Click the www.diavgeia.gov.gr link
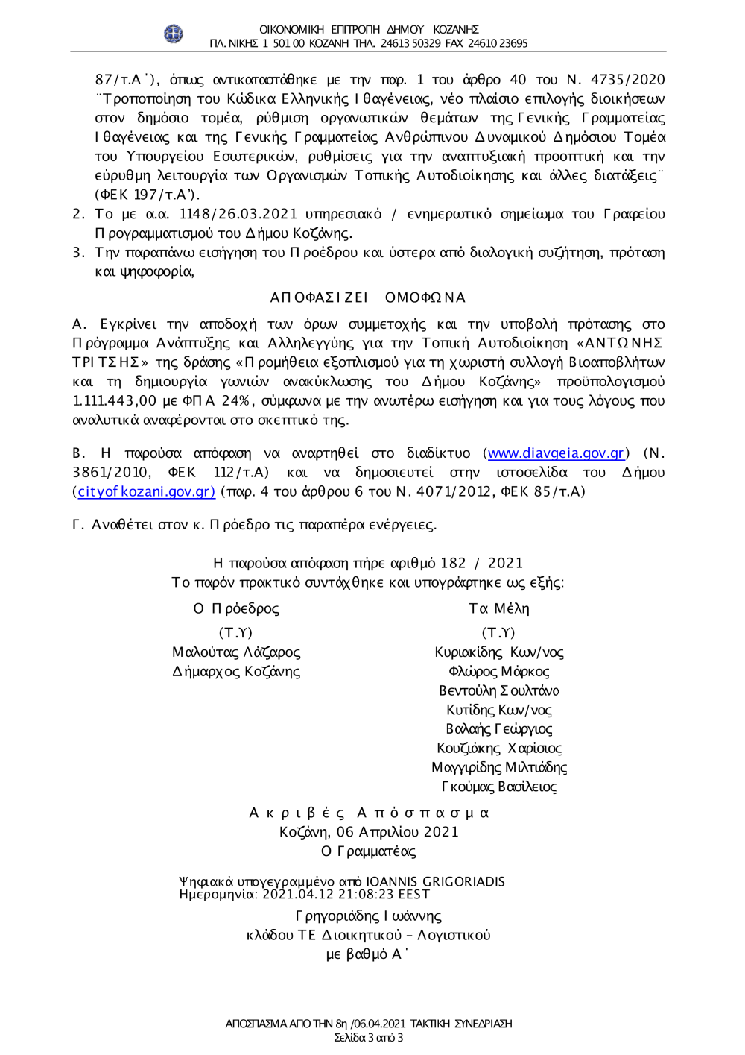pyautogui.click(x=555, y=453)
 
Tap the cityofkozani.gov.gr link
pyautogui.click(x=146, y=492)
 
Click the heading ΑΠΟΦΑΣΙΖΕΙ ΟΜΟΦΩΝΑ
pyautogui.click(x=368, y=298)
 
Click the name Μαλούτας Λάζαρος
pyautogui.click(x=236, y=653)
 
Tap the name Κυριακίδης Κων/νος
pyautogui.click(x=499, y=653)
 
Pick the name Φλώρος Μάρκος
pyautogui.click(x=499, y=672)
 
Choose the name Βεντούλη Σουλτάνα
pyautogui.click(x=499, y=691)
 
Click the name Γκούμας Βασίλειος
pyautogui.click(x=499, y=787)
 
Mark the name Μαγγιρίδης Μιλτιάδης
pyautogui.click(x=499, y=767)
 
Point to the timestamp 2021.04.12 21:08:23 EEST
pyautogui.click(x=346, y=894)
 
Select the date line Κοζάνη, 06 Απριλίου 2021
pyautogui.click(x=369, y=832)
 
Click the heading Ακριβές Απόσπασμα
pyautogui.click(x=369, y=813)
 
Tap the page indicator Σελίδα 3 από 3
pyautogui.click(x=369, y=1038)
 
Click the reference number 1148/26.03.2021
pyautogui.click(x=238, y=215)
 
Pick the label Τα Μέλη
pyautogui.click(x=499, y=609)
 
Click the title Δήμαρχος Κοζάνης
pyautogui.click(x=236, y=672)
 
